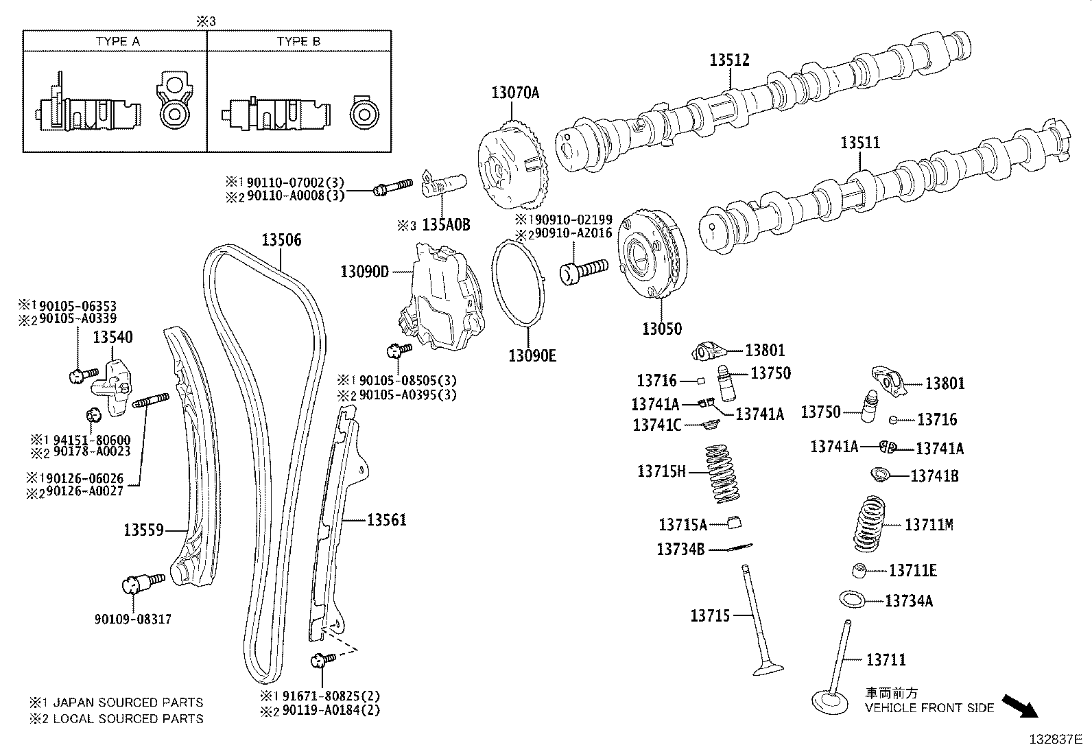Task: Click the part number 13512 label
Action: coord(728,60)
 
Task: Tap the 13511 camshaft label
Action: coord(860,143)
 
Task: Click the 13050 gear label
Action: coord(662,329)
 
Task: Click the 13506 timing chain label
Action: coord(281,240)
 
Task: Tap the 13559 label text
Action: coord(143,530)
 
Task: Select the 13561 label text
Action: coord(387,520)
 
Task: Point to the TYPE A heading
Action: coord(117,41)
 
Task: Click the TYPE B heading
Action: coord(298,41)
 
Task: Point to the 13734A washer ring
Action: coord(851,599)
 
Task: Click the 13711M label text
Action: coord(929,524)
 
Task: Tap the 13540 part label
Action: coord(113,337)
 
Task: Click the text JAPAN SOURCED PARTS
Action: coord(128,703)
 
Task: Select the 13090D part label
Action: coord(364,272)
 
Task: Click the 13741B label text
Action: coord(934,475)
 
